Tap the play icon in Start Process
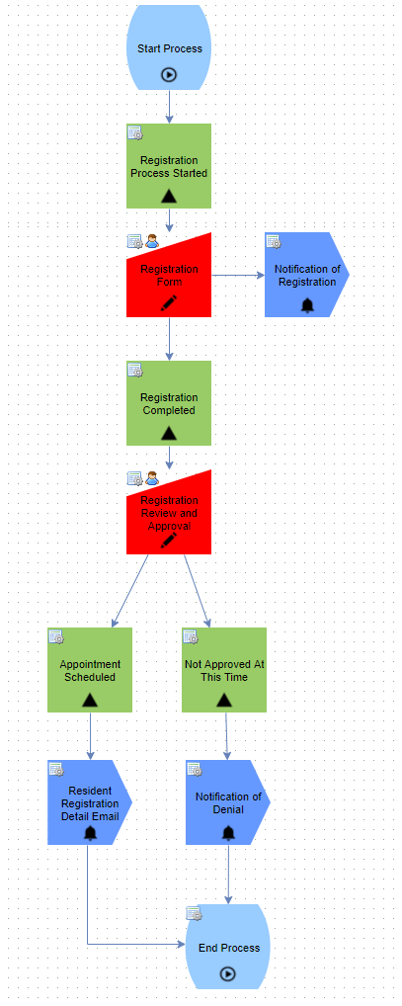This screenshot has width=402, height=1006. (169, 75)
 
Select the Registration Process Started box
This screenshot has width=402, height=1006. (169, 166)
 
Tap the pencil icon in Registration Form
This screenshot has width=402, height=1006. (169, 303)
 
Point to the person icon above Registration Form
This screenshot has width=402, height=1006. (152, 241)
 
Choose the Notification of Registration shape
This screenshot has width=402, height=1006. (306, 275)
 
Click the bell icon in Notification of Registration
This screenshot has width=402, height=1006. (307, 305)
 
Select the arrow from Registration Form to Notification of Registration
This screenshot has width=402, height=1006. (238, 276)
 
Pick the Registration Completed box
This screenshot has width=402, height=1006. (169, 403)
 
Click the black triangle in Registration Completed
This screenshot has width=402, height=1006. (169, 433)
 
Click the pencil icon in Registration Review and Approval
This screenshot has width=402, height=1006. (169, 541)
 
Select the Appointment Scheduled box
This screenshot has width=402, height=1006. (90, 670)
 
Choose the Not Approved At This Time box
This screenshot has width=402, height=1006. (224, 670)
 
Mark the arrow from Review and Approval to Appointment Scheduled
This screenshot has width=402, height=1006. (130, 591)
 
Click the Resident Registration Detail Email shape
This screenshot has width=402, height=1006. (90, 802)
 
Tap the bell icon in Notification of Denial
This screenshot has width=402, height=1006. (228, 833)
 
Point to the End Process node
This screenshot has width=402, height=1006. (227, 947)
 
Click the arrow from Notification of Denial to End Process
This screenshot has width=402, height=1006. (228, 875)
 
